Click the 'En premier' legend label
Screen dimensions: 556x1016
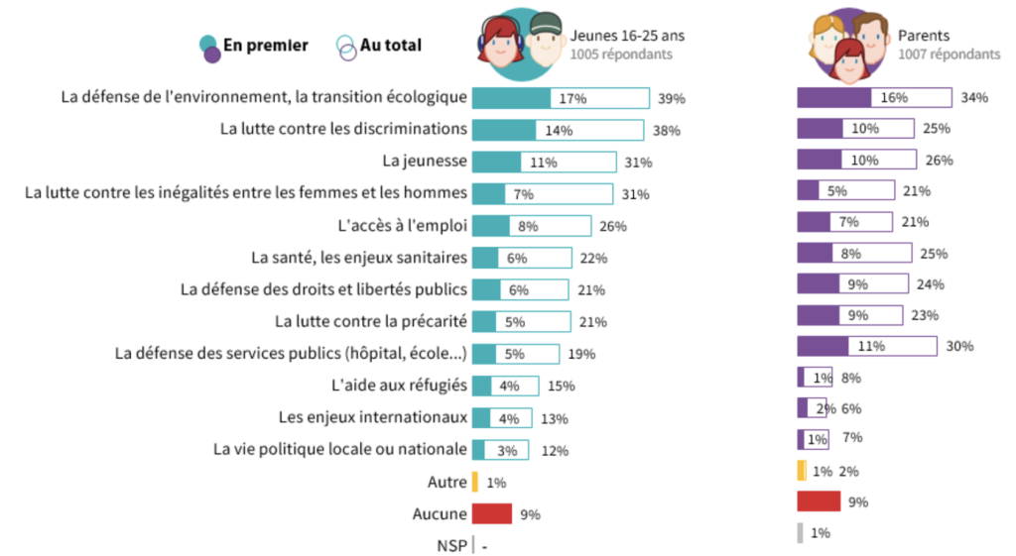tap(266, 46)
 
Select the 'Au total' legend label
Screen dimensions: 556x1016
tap(391, 46)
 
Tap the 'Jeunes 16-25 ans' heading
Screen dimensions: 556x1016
tap(626, 36)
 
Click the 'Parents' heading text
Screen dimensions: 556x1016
tap(923, 36)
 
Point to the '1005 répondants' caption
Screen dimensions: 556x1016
tap(621, 55)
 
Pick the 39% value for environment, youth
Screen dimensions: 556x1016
tap(672, 99)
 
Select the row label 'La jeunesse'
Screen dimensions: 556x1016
tap(425, 161)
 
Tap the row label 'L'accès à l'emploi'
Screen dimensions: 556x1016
tap(402, 224)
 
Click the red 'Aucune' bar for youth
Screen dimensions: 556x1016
tap(492, 513)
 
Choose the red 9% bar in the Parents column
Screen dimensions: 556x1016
tap(819, 501)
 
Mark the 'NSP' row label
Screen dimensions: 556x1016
tap(451, 545)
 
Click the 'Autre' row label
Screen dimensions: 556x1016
tap(447, 483)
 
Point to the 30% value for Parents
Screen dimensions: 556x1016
tap(959, 346)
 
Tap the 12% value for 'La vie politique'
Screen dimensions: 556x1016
tap(555, 451)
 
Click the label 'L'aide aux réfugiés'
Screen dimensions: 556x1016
tap(398, 385)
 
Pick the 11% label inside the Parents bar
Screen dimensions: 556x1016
tap(870, 346)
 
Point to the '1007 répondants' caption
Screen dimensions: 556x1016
tap(949, 55)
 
